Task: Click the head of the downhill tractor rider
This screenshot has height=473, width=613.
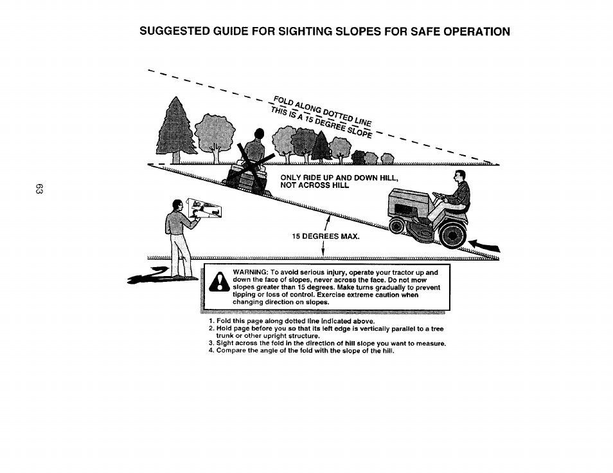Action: [x=458, y=177]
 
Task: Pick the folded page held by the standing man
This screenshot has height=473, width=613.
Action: [x=207, y=209]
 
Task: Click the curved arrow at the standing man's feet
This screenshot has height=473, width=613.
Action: [x=154, y=277]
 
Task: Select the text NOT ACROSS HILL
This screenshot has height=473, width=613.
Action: [x=314, y=185]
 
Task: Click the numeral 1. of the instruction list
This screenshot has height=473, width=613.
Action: [x=211, y=320]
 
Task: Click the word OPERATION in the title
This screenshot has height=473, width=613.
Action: [x=472, y=31]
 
